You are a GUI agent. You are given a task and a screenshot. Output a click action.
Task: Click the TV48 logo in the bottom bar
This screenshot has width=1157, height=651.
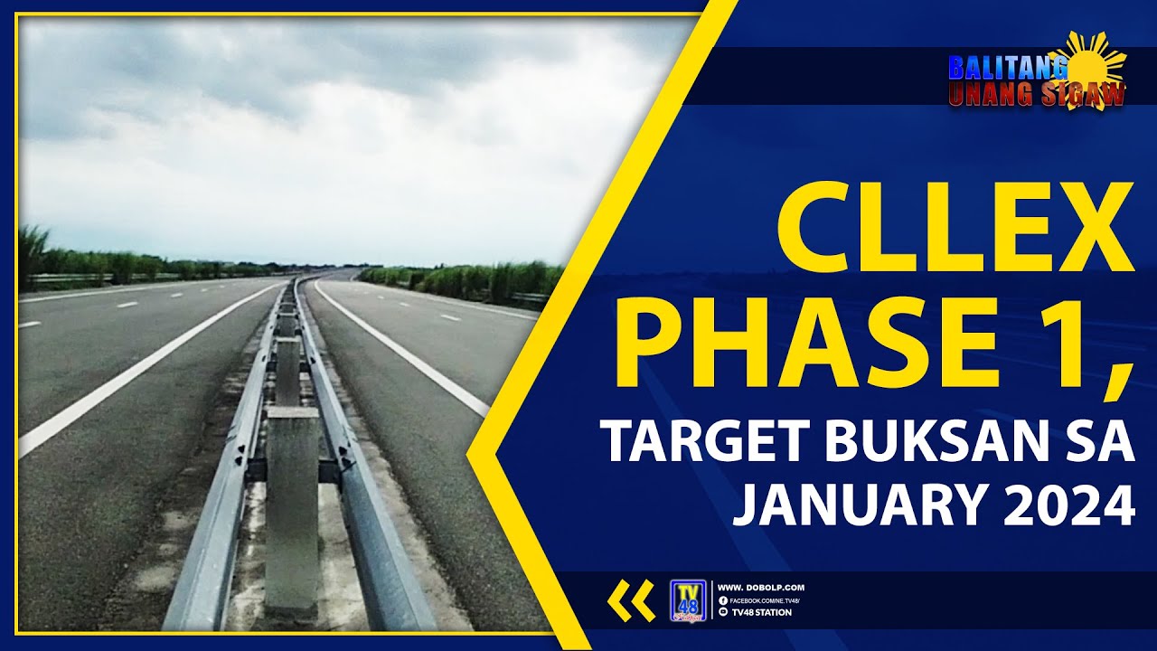click(x=688, y=600)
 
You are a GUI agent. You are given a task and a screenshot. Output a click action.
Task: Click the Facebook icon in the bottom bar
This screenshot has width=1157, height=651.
click(x=722, y=600)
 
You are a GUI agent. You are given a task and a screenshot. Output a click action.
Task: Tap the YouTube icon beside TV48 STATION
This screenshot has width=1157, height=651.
click(x=722, y=612)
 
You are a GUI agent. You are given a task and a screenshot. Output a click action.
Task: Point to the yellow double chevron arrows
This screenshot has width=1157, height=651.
click(x=631, y=600)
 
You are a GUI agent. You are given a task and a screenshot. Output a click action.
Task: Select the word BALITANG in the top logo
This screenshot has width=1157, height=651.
click(x=1005, y=68)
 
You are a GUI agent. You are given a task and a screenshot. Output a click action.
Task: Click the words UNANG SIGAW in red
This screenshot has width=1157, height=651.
click(x=1035, y=94)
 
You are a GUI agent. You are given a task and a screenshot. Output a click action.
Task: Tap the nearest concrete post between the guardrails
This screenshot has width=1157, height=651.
click(x=291, y=506)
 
